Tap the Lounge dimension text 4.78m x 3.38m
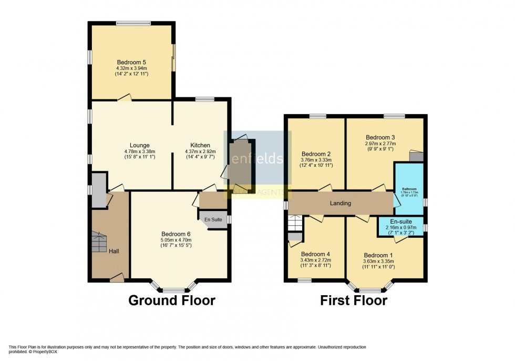pyautogui.click(x=140, y=152)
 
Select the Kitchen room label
pyautogui.click(x=200, y=145)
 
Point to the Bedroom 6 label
pyautogui.click(x=176, y=234)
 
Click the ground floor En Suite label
pyautogui.click(x=213, y=219)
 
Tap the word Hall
pyautogui.click(x=114, y=251)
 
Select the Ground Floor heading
pyautogui.click(x=172, y=300)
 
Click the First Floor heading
pyautogui.click(x=354, y=300)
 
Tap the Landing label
pyautogui.click(x=340, y=203)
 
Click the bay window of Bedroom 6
pyautogui.click(x=173, y=288)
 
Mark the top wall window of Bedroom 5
pyautogui.click(x=131, y=23)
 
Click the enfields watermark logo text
pyautogui.click(x=257, y=158)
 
